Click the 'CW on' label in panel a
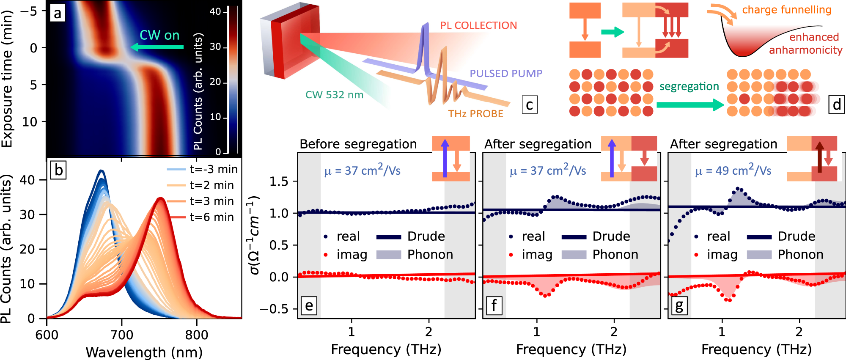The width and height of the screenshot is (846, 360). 159,35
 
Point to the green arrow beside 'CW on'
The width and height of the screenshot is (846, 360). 157,47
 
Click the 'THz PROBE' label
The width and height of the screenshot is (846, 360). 475,114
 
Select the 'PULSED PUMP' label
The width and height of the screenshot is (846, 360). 506,74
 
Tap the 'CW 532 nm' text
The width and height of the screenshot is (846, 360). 334,95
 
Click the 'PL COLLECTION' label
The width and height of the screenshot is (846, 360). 478,26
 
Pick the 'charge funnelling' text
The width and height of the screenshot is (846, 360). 786,10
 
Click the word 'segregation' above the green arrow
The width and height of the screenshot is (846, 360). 689,87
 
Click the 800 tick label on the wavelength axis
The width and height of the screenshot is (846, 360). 197,335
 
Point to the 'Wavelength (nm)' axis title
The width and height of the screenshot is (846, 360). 144,352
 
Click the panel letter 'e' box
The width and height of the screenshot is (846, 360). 309,305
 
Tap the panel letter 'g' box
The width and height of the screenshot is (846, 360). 679,305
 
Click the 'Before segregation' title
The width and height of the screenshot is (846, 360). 358,144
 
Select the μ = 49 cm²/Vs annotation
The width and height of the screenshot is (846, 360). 733,170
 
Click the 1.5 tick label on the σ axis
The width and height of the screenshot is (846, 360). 279,181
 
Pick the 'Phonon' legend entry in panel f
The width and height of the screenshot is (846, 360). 615,254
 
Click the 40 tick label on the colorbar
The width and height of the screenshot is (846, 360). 215,12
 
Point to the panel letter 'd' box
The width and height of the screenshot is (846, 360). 836,104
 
